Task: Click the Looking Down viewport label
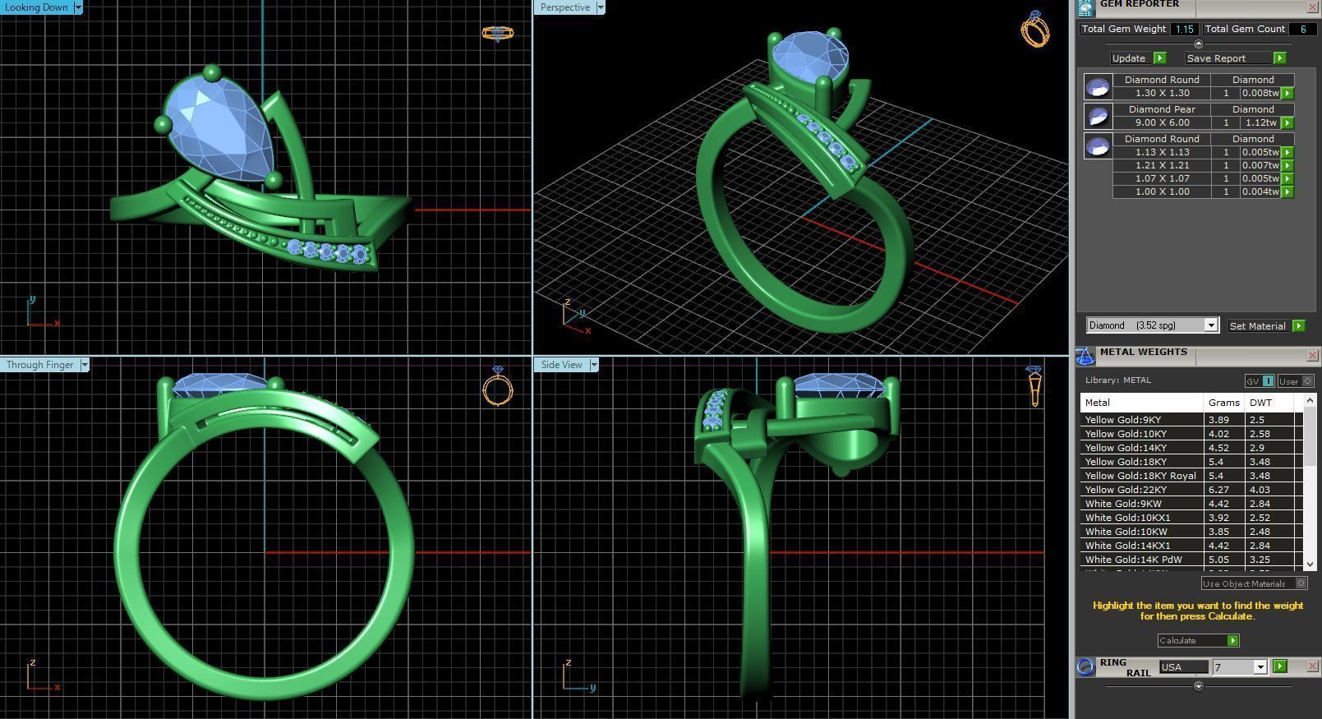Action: [37, 7]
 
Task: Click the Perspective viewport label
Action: [565, 7]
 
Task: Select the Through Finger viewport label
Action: [40, 365]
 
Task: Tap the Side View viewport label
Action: [562, 365]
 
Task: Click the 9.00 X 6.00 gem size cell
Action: [1162, 122]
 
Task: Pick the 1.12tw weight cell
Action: [1260, 122]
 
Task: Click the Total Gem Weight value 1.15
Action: [1184, 29]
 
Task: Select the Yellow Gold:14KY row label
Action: [1126, 448]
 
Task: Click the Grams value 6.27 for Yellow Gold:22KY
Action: [1219, 490]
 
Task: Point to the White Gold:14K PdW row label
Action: [1133, 560]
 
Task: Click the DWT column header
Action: [1260, 403]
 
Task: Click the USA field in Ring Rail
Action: [1183, 667]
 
